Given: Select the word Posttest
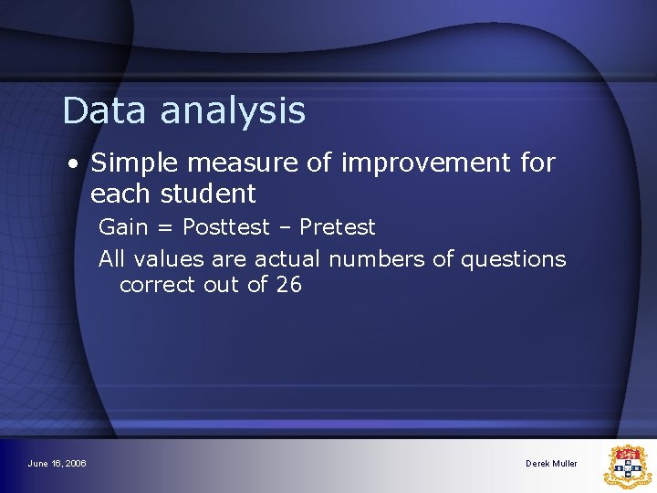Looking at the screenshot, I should pyautogui.click(x=225, y=226).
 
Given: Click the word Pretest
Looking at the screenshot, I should pyautogui.click(x=337, y=226).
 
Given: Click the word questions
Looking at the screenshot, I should pyautogui.click(x=513, y=260).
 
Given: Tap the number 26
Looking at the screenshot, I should pyautogui.click(x=288, y=285).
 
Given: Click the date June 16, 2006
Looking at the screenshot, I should pyautogui.click(x=57, y=464).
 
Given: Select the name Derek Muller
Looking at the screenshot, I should pyautogui.click(x=551, y=464).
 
